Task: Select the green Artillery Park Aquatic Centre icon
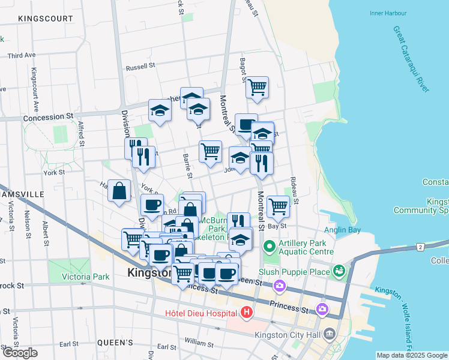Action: click(x=270, y=246)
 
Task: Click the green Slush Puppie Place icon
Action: click(x=340, y=272)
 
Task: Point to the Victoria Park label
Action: click(x=86, y=277)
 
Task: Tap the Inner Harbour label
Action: click(x=388, y=13)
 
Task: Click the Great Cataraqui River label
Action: click(x=411, y=58)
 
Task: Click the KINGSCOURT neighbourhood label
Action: click(x=46, y=19)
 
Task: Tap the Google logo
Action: click(x=20, y=353)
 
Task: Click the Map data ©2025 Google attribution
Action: click(x=412, y=355)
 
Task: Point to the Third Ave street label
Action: click(x=22, y=56)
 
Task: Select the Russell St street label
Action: click(x=140, y=66)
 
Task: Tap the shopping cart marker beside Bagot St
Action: click(x=257, y=87)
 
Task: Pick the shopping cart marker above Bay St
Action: click(x=278, y=206)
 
